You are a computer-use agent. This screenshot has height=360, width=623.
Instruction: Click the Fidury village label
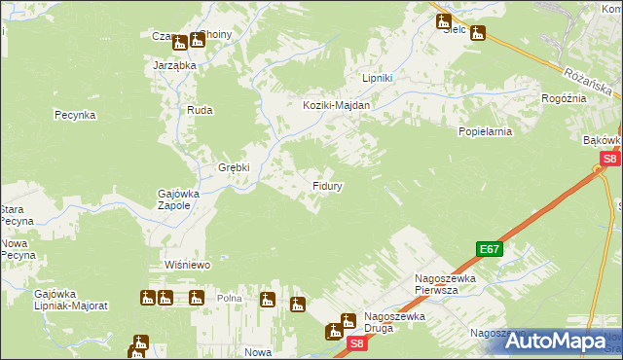pos(326,185)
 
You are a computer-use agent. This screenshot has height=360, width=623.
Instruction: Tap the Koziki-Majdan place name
pos(337,105)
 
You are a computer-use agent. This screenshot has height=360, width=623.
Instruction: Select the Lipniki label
pos(377,78)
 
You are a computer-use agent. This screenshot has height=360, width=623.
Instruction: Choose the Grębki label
pos(234,166)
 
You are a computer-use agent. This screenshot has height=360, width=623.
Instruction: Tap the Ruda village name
pos(200,111)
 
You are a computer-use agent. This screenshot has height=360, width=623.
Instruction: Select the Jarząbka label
pos(175,65)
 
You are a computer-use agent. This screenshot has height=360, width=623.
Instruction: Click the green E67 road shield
pos(490,249)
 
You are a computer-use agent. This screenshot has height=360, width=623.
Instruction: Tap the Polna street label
pos(229,299)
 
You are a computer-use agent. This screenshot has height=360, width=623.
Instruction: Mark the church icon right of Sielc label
pos(478,33)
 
